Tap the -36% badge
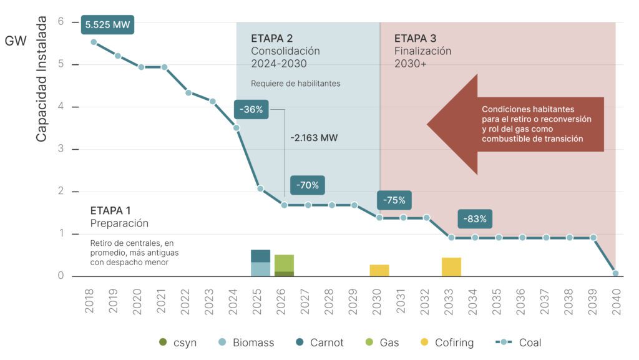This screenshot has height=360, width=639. pyautogui.click(x=252, y=110)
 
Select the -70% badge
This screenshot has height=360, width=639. pyautogui.click(x=307, y=185)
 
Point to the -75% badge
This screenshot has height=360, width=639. pyautogui.click(x=394, y=200)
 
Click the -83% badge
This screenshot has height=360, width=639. pyautogui.click(x=475, y=219)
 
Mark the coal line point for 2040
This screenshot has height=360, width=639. pyautogui.click(x=616, y=273)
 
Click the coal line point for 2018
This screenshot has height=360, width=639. pyautogui.click(x=94, y=42)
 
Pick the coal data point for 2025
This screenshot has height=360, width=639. pyautogui.click(x=260, y=188)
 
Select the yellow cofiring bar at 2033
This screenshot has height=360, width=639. pyautogui.click(x=451, y=266)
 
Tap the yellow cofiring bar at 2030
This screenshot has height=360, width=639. pyautogui.click(x=379, y=270)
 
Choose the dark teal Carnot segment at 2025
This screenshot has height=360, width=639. pyautogui.click(x=260, y=256)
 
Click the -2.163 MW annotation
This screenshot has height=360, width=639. pyautogui.click(x=315, y=138)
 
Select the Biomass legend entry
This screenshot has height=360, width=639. pyautogui.click(x=246, y=343)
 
